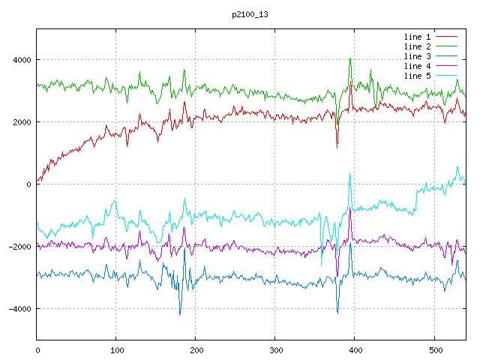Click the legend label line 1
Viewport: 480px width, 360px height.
coord(418,37)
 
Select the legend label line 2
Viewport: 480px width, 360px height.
coord(418,46)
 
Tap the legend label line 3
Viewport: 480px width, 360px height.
coord(418,56)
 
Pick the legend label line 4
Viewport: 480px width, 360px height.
coord(418,66)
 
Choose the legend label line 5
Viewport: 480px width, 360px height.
coord(418,76)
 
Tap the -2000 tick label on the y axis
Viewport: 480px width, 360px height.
coord(20,247)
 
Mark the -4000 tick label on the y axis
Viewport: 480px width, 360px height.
coord(20,309)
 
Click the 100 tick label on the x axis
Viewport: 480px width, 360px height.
coord(116,349)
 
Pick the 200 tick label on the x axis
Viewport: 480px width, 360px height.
coord(196,349)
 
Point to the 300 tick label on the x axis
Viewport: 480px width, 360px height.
coord(275,349)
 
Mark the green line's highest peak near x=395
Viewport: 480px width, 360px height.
coord(350,58)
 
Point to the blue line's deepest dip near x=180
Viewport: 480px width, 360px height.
coord(180,315)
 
